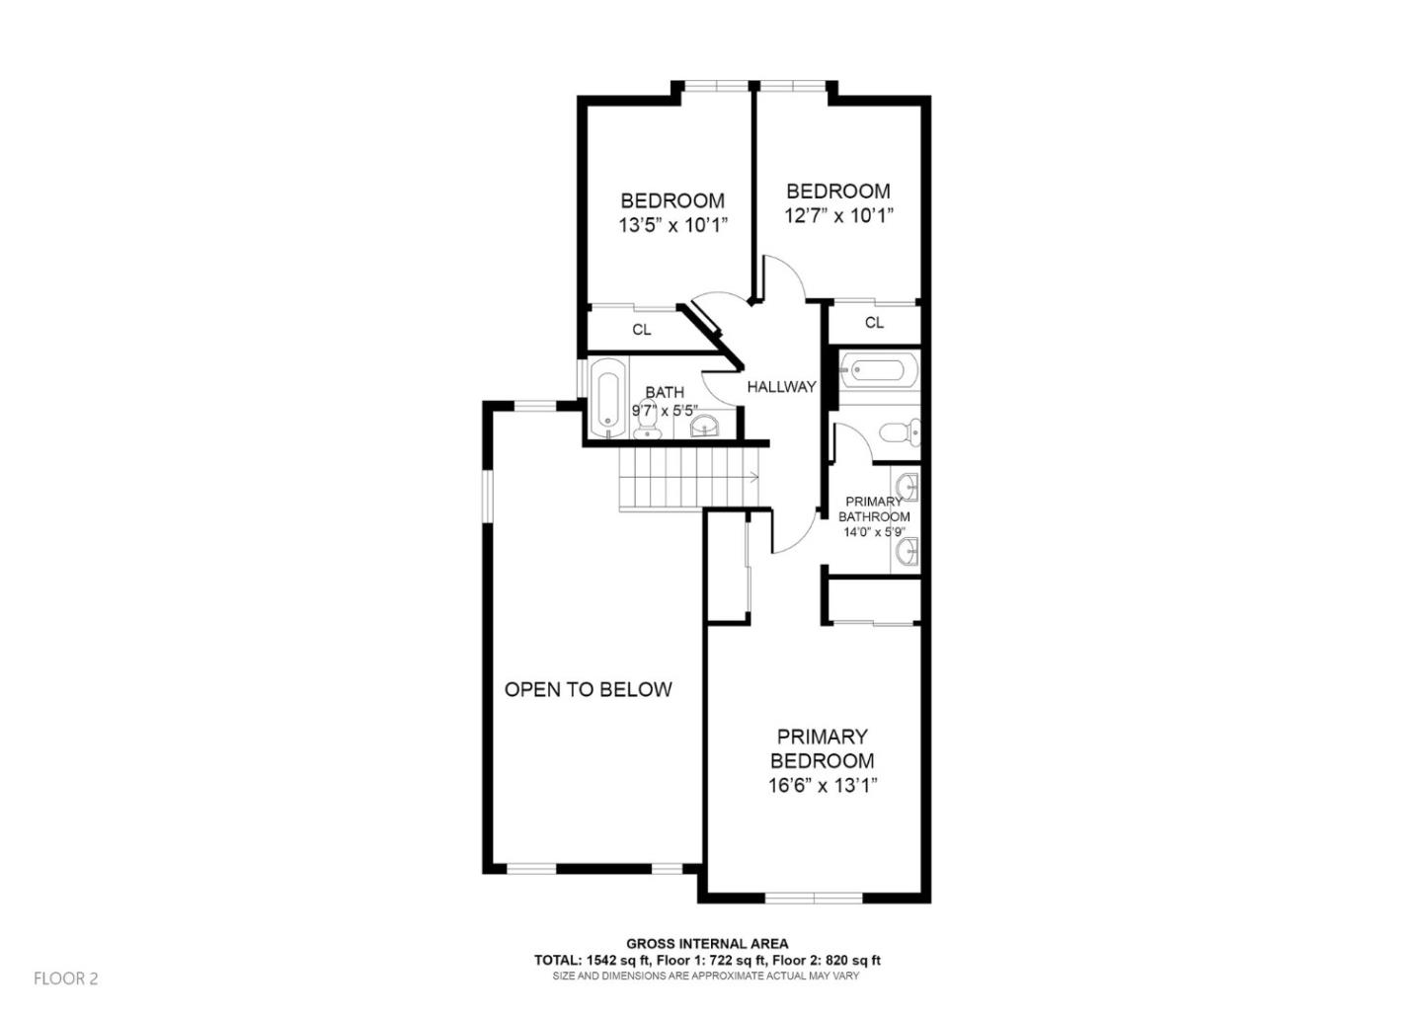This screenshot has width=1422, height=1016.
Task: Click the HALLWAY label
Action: tap(781, 387)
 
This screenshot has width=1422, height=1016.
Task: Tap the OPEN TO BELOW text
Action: tap(588, 689)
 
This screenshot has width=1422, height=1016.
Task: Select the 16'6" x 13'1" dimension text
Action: tap(823, 787)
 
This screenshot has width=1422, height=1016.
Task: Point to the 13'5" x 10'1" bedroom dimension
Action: tap(672, 225)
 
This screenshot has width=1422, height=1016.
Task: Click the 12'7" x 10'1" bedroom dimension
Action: tap(838, 215)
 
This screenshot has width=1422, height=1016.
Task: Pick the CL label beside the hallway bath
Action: tap(642, 330)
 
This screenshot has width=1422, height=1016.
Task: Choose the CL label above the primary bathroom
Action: tap(874, 323)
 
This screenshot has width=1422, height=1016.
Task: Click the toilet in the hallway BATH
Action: tap(648, 423)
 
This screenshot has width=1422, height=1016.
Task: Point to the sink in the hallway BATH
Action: tap(704, 426)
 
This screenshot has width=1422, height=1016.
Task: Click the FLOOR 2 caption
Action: tap(66, 978)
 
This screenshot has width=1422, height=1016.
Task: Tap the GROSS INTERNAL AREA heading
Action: tap(707, 944)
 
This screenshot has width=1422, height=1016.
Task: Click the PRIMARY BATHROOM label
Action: tap(874, 509)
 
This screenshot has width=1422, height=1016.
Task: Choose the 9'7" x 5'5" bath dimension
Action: tap(665, 410)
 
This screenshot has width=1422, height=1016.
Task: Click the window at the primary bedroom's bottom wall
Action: tap(814, 898)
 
